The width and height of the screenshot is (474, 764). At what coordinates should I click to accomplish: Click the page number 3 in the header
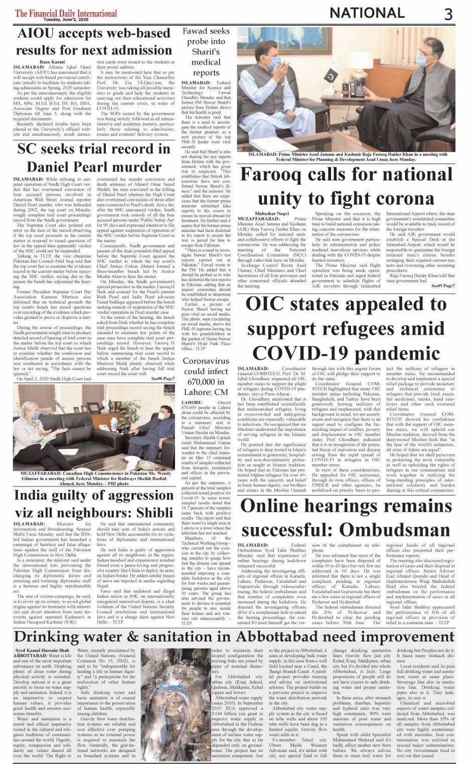tap(447, 14)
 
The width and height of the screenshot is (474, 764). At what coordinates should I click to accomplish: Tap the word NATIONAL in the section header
tap(368, 13)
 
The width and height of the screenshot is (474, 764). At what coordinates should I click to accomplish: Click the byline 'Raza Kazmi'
tap(52, 61)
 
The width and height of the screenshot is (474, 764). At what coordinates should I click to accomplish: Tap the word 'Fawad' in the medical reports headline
tap(193, 31)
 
